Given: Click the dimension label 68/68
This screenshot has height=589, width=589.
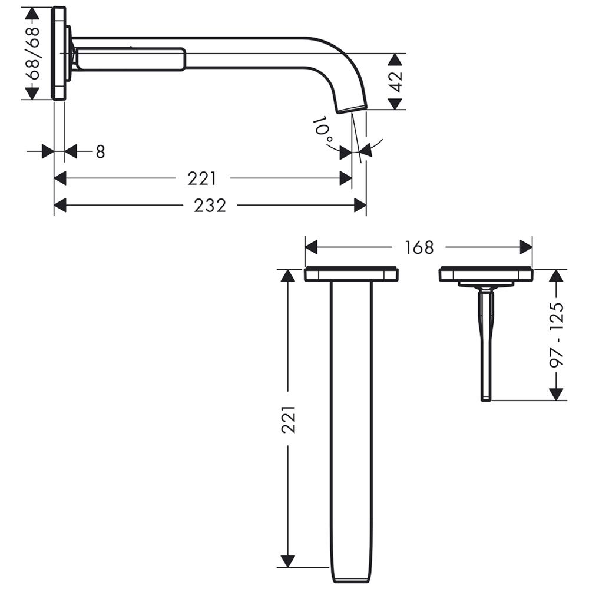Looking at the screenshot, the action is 34,54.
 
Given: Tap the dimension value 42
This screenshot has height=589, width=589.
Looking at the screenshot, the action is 396,81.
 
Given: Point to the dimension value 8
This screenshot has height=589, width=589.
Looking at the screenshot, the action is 100,152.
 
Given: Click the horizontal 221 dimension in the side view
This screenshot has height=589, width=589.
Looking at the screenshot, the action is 202,178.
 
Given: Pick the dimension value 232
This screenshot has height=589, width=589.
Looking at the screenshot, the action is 210,206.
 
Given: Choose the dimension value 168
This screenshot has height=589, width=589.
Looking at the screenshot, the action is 419,247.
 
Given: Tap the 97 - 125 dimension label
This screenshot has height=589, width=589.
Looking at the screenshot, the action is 557,335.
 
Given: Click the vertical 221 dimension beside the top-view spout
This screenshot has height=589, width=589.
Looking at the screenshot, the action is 289,419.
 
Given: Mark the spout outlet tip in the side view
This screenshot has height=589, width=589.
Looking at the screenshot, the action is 352,108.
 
